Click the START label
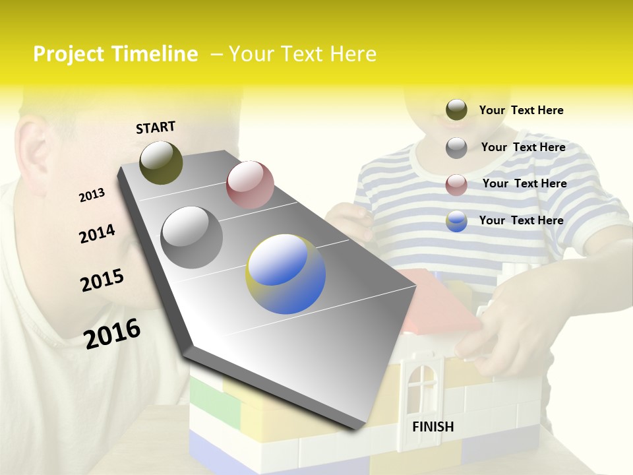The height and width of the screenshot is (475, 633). click(156, 127)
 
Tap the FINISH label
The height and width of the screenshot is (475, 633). click(433, 427)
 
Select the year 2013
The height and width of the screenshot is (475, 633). click(92, 195)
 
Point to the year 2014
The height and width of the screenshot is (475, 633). click(97, 234)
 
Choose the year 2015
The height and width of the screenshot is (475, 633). click(102, 280)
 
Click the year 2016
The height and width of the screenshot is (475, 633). click(112, 333)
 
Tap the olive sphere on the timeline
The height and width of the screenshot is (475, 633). click(161, 162)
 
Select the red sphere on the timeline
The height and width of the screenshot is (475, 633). click(250, 184)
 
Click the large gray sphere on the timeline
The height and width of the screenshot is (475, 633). click(192, 237)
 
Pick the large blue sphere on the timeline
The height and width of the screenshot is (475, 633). click(286, 274)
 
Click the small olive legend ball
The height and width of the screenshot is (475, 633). click(456, 110)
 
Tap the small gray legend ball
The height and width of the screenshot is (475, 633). click(456, 147)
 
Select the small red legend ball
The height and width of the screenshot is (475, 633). click(456, 184)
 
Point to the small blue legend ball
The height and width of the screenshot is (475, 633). click(456, 221)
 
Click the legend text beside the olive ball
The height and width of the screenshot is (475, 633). click(522, 111)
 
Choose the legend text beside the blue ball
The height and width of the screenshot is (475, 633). click(522, 220)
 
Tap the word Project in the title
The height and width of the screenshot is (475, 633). click(69, 54)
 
